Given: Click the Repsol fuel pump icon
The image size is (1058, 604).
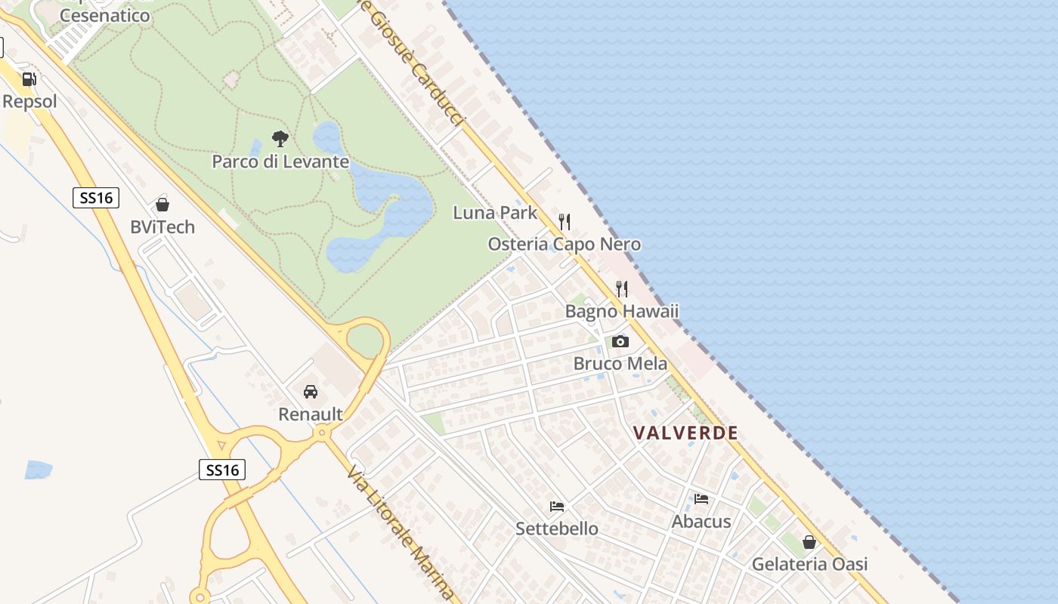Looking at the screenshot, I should coord(29,79).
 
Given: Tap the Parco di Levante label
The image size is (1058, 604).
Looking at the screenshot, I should coord(280,162).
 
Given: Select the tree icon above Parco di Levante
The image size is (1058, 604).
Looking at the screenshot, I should coord(280,139).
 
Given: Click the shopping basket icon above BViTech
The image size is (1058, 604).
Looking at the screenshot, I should coord(162,205).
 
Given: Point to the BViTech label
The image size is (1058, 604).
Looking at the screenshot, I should coord(162,226).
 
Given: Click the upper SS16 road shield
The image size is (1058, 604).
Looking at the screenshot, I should coord(96,198).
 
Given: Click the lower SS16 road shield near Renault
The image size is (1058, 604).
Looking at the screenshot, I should coord(223,470).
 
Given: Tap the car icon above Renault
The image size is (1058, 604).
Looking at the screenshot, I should coord(310,392).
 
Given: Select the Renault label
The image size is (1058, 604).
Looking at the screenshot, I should coord(311,414).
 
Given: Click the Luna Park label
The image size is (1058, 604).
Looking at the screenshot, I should coord(495,213).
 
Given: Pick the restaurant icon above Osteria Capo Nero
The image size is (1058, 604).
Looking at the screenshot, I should coord(565,221).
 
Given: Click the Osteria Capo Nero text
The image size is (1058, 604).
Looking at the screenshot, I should coord(565,244).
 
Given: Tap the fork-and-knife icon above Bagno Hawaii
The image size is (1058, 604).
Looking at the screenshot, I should coord(622,288).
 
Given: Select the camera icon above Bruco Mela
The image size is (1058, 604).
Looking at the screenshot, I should coord(620,341).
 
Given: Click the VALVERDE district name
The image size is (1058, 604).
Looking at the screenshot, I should coord(685,433).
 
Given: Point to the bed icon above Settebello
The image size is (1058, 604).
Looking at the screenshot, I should coord(557,507).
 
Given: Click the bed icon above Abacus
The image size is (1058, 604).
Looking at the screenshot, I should coord(701,499).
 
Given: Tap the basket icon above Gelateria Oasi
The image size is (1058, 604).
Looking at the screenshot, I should coord(809,542).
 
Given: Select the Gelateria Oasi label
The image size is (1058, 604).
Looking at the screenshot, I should coord(809,564).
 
